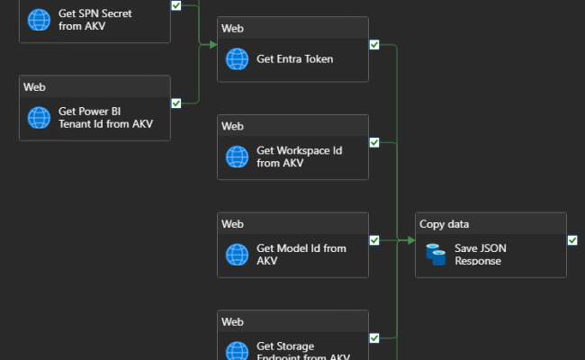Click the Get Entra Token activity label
[x=294, y=59]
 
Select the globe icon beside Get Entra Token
[x=237, y=59]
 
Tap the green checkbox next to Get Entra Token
[x=373, y=44]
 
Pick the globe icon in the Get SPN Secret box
[x=39, y=20]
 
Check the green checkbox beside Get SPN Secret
[x=175, y=5]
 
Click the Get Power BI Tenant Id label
[x=105, y=118]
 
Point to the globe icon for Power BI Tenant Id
[x=39, y=118]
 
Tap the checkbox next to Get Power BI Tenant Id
[x=175, y=103]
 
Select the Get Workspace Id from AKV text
[x=299, y=157]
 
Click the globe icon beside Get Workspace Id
[x=237, y=157]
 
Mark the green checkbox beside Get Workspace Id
[x=373, y=141]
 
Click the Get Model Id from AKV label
[x=301, y=255]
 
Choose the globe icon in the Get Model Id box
[x=237, y=255]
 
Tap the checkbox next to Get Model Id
[x=373, y=239]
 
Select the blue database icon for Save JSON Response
[x=436, y=255]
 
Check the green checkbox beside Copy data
[x=571, y=239]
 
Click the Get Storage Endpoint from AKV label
[x=302, y=351]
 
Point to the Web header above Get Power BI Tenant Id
[x=34, y=86]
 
